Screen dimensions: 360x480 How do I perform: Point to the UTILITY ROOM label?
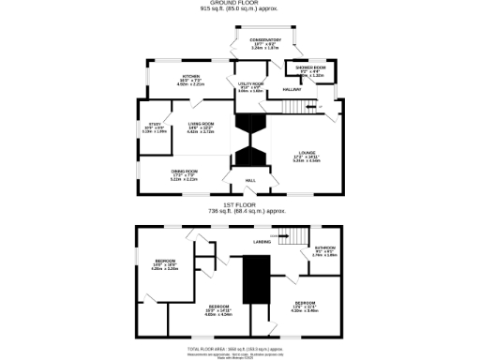[x=251, y=86]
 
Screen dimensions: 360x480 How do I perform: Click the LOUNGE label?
[x=307, y=157]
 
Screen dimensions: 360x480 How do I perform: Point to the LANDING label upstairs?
[x=262, y=242]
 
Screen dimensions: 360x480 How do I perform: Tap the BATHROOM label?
[x=324, y=250]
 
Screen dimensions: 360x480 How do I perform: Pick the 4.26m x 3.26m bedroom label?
[x=165, y=266]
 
